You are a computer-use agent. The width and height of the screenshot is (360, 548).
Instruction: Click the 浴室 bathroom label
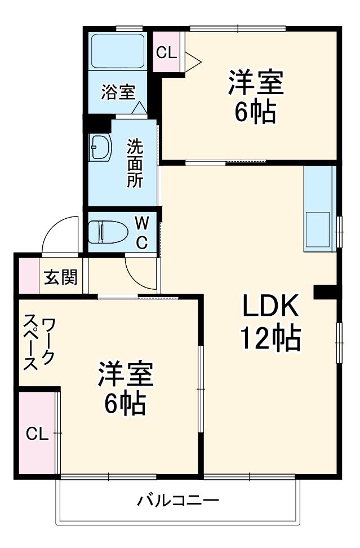click(x=118, y=92)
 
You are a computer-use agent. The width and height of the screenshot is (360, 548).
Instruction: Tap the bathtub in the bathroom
click(x=118, y=50)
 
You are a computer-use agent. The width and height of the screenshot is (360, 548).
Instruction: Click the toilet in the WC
click(x=106, y=231)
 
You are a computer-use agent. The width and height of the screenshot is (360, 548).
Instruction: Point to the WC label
click(x=142, y=232)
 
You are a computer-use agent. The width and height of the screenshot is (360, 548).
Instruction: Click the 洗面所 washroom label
click(x=135, y=163)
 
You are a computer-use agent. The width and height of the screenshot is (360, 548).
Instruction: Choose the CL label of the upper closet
click(x=166, y=53)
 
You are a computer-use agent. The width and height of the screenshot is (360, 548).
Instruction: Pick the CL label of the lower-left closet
click(x=37, y=434)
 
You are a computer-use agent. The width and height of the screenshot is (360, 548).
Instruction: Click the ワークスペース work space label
click(x=39, y=343)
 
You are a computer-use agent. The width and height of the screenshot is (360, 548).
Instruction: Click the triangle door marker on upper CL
click(x=192, y=58)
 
